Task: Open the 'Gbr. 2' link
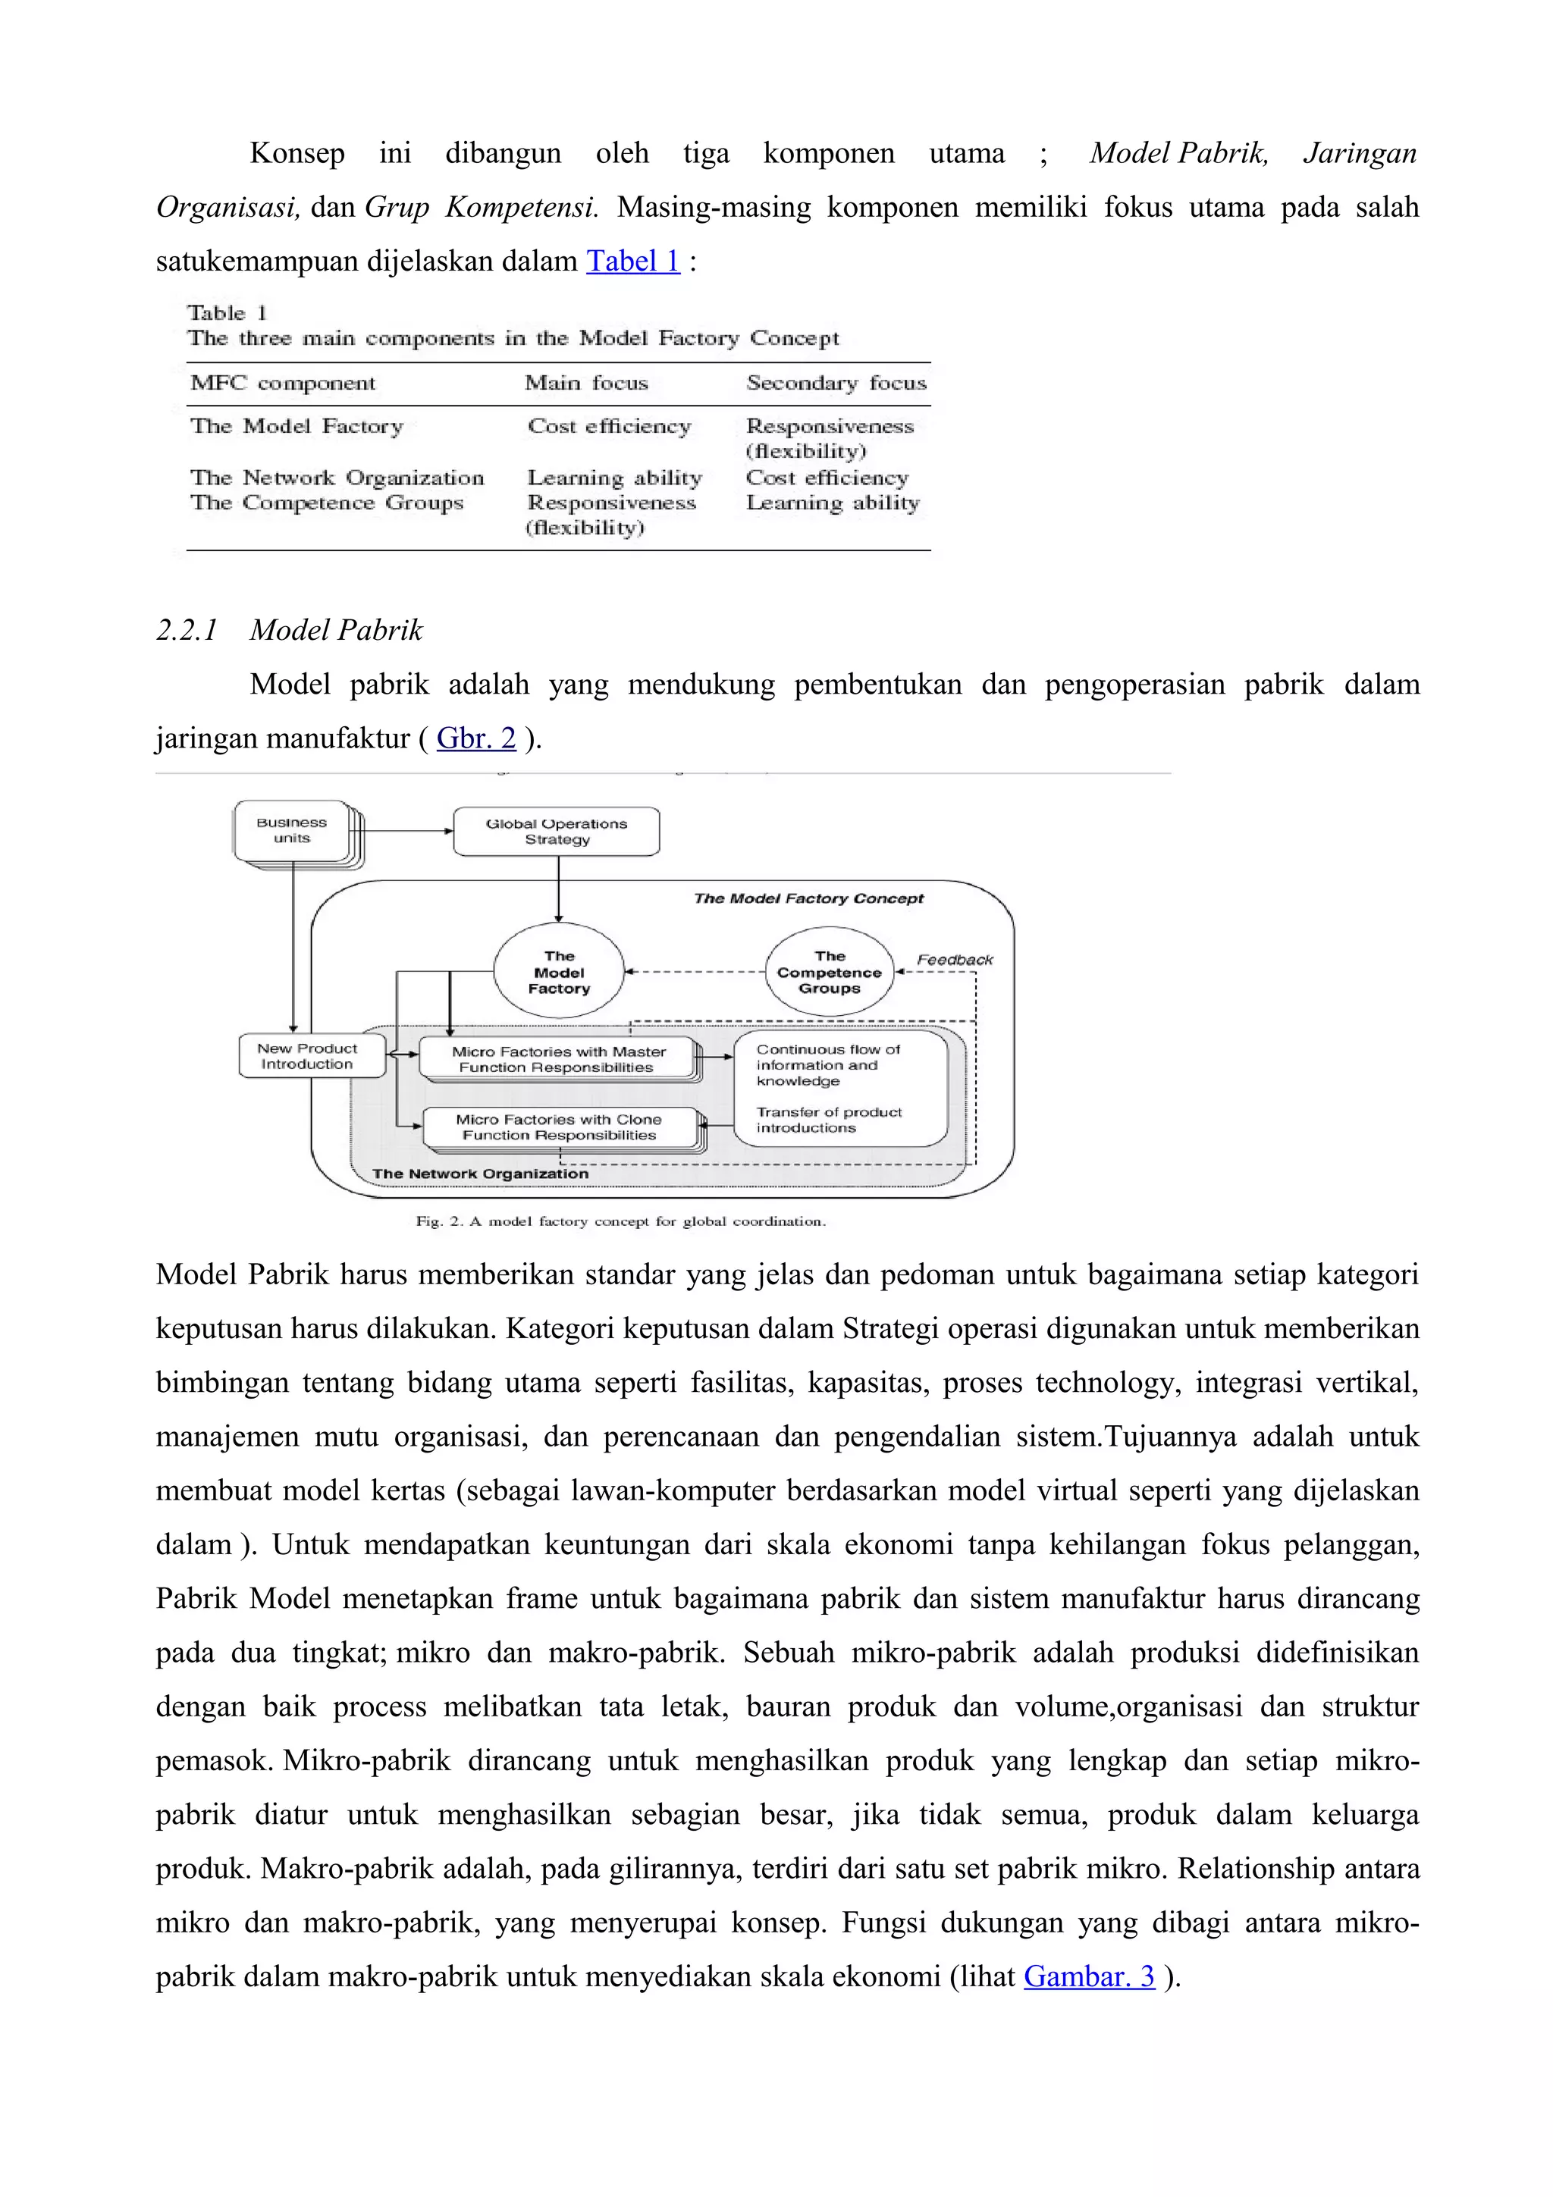475,738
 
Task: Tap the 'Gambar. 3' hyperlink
1089,1976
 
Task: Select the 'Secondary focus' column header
836,384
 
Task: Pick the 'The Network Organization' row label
337,478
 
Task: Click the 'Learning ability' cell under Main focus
614,478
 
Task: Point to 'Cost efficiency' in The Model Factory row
609,427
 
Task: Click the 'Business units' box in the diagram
292,831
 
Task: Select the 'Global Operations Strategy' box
556,832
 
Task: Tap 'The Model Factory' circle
559,972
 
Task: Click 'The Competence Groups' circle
829,972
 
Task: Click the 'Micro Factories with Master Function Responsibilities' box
558,1059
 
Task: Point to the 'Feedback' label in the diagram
954,960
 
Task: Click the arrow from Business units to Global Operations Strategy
406,832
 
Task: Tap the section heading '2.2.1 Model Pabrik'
289,630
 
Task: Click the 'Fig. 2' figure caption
620,1221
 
